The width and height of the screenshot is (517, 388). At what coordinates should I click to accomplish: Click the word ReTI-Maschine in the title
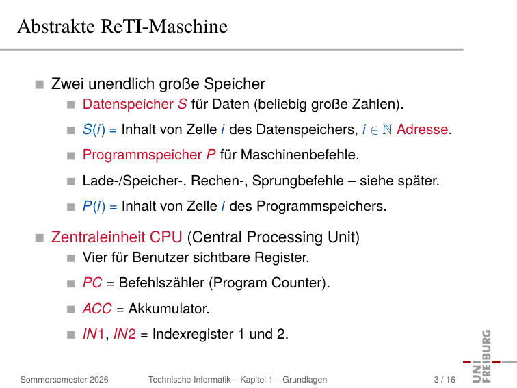tap(164, 27)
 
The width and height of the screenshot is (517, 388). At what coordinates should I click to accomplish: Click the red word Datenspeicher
tap(128, 104)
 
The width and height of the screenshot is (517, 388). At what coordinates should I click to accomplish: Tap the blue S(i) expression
tap(94, 129)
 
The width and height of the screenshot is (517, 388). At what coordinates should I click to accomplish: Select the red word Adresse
tap(422, 129)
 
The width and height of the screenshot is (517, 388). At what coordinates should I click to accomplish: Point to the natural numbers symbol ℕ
tap(387, 129)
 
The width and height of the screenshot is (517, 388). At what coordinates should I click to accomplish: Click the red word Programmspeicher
tap(142, 155)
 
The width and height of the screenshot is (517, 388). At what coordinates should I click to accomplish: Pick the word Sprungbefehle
tap(297, 181)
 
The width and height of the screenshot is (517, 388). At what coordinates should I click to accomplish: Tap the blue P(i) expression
tap(94, 206)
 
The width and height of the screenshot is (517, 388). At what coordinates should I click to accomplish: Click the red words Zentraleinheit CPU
tap(116, 237)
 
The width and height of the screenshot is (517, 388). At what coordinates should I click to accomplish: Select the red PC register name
tap(92, 283)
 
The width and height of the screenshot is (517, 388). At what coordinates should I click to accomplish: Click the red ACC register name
tap(97, 309)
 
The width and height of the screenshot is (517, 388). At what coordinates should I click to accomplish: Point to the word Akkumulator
tap(169, 309)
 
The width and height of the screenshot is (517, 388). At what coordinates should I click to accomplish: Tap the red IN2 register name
tap(124, 334)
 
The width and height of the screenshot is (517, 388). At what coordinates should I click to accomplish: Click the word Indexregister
tap(193, 334)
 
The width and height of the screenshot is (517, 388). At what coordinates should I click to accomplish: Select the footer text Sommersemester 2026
tap(64, 380)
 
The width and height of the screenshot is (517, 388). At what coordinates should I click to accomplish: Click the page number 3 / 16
tap(445, 380)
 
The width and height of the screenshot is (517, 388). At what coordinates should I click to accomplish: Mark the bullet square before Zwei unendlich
tap(40, 84)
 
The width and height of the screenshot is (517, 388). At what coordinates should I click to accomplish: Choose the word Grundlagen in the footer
tap(305, 380)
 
